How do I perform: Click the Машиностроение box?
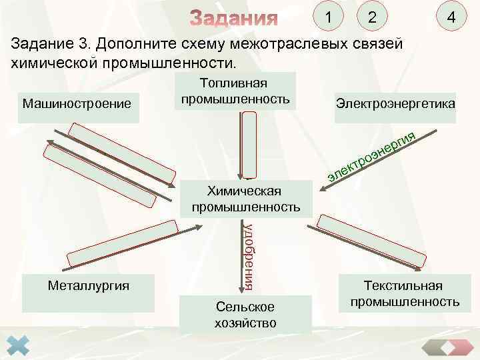[x=78, y=105]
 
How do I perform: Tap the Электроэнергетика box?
[x=395, y=105]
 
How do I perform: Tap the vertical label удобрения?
[x=248, y=257]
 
